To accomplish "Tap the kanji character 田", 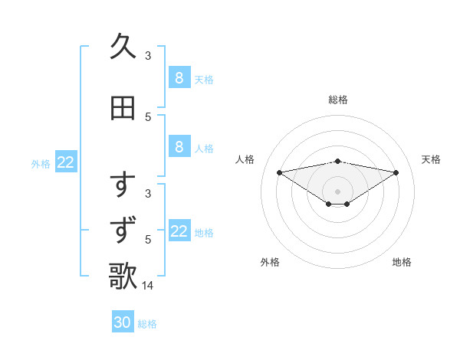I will point(123,108).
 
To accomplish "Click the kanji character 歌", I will point(123,275).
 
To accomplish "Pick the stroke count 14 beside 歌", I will point(149,286).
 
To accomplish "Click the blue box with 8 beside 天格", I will point(179,78).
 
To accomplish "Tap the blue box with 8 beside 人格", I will point(179,147).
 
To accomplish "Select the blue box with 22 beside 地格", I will point(179,231).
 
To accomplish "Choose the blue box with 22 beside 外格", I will point(66,162).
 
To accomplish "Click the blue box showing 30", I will point(123,322).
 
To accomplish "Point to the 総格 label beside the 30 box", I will point(147,324).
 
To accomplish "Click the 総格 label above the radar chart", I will point(337,100).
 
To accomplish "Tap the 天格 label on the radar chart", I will point(431,159).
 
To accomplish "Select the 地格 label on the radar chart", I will point(402,262).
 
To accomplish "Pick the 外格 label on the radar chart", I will point(270,262).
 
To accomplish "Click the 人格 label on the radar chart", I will point(245,159).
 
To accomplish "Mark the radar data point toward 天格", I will point(396,172).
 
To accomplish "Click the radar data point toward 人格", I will point(279,172).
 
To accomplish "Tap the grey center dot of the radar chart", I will point(337,191).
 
